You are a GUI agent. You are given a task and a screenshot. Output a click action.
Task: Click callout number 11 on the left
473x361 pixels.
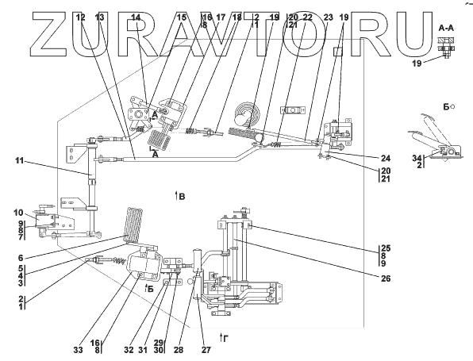[x=20, y=161]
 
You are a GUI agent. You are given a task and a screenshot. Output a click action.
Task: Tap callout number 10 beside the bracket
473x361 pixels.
[x=18, y=213]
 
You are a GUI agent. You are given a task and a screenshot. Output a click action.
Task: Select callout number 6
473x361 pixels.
[x=21, y=258]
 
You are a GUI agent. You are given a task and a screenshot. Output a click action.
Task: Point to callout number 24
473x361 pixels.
[x=386, y=159]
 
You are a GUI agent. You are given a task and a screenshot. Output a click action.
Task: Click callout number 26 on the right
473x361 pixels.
[x=386, y=278]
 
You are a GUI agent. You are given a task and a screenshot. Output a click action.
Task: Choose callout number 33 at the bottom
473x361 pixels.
[x=78, y=350]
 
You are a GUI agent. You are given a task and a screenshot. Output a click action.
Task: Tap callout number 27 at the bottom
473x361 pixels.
[x=206, y=350]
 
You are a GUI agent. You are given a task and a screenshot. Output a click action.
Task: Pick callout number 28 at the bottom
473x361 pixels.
[x=179, y=350]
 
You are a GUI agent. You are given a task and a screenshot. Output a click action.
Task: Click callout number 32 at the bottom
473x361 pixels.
[x=129, y=350]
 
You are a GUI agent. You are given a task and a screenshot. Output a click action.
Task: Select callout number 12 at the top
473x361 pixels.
[x=80, y=17]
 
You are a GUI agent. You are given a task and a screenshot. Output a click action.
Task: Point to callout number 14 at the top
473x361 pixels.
[x=136, y=17]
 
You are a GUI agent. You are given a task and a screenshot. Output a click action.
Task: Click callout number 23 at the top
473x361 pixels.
[x=328, y=17]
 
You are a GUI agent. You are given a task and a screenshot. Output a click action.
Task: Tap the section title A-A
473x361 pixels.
[x=446, y=29]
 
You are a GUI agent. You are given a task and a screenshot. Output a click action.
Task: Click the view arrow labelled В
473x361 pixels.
[x=180, y=196]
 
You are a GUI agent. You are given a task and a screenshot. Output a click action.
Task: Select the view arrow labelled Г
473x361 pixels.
[x=225, y=337]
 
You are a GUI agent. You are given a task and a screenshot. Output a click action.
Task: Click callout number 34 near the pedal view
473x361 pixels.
[x=417, y=158]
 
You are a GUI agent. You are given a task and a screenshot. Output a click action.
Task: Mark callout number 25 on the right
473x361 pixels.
[x=386, y=248]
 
